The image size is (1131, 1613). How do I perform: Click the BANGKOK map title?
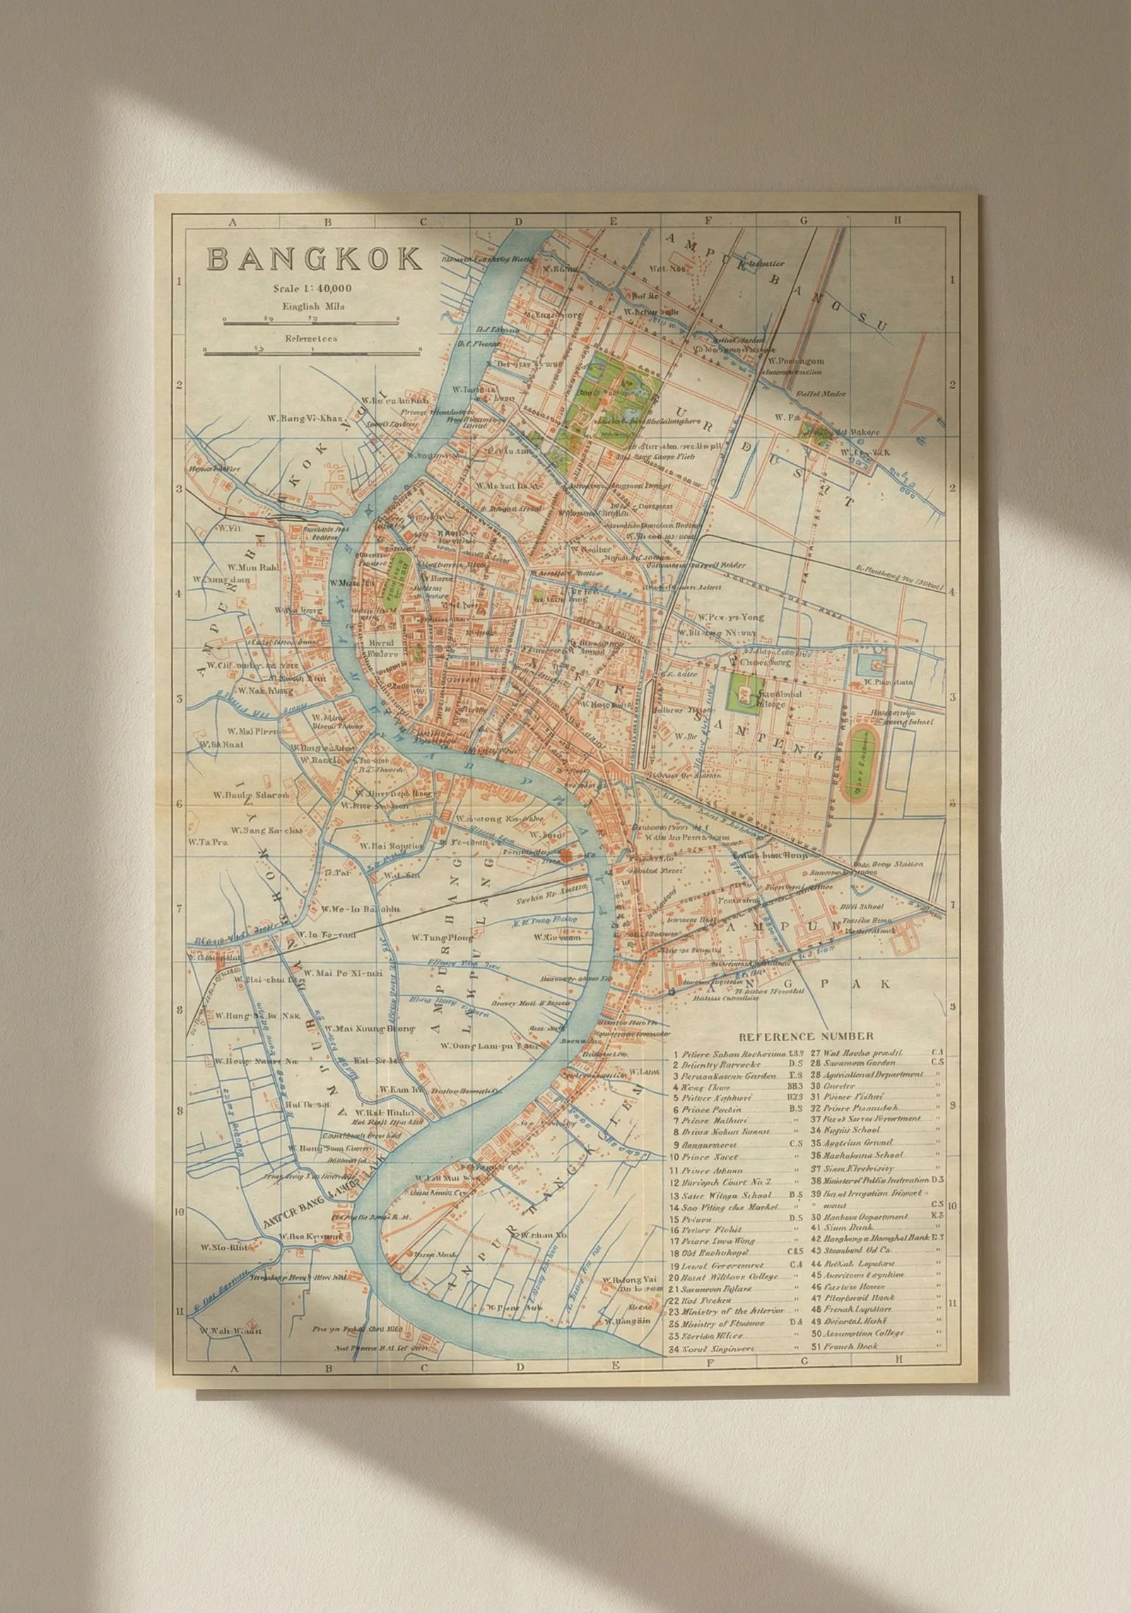[x=313, y=259]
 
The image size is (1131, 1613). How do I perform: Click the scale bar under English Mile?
[x=312, y=320]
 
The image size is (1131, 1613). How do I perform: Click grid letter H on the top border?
[x=897, y=221]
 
